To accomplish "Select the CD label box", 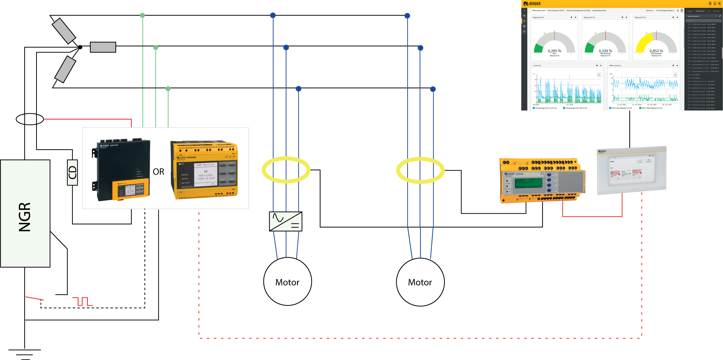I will (72, 172).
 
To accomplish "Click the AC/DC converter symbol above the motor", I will (286, 221).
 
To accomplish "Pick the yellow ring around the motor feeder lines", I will (286, 170).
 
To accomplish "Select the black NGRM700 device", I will (121, 170).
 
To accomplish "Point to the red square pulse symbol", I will (83, 301).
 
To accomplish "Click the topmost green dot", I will (143, 15).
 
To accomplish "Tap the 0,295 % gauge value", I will (554, 51).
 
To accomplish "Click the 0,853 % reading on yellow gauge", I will (656, 51).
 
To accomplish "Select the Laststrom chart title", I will (537, 66).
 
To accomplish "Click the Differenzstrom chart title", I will (615, 66).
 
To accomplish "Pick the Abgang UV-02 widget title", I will (589, 17).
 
